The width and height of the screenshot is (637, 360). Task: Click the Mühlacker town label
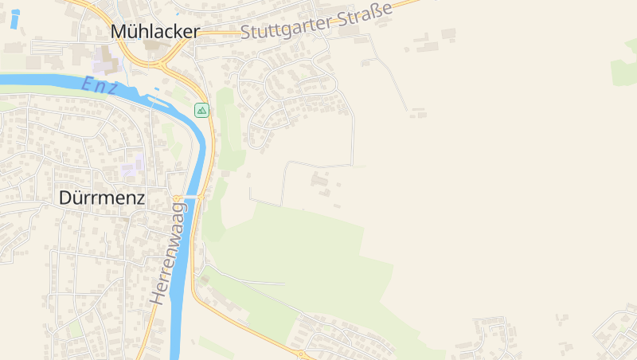[x=155, y=31]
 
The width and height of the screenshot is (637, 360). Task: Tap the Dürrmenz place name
[x=102, y=198]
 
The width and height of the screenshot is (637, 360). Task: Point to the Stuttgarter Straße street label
[x=316, y=22]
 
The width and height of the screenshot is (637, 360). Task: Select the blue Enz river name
[x=100, y=85]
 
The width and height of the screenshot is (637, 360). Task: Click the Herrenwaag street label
[x=168, y=252]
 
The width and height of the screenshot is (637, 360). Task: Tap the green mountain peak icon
[x=201, y=110]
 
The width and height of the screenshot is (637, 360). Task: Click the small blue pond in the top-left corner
[x=14, y=18]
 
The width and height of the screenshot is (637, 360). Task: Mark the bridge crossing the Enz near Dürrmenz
[x=191, y=196]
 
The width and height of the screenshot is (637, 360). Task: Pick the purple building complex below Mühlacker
[x=104, y=61]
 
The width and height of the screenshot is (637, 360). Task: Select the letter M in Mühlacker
[x=119, y=31]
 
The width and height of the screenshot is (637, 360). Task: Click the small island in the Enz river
[x=157, y=101]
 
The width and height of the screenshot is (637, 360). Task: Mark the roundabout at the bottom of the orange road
[x=301, y=353]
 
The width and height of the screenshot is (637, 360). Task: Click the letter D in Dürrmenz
[x=67, y=198]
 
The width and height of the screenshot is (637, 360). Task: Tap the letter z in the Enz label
[x=114, y=88]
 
